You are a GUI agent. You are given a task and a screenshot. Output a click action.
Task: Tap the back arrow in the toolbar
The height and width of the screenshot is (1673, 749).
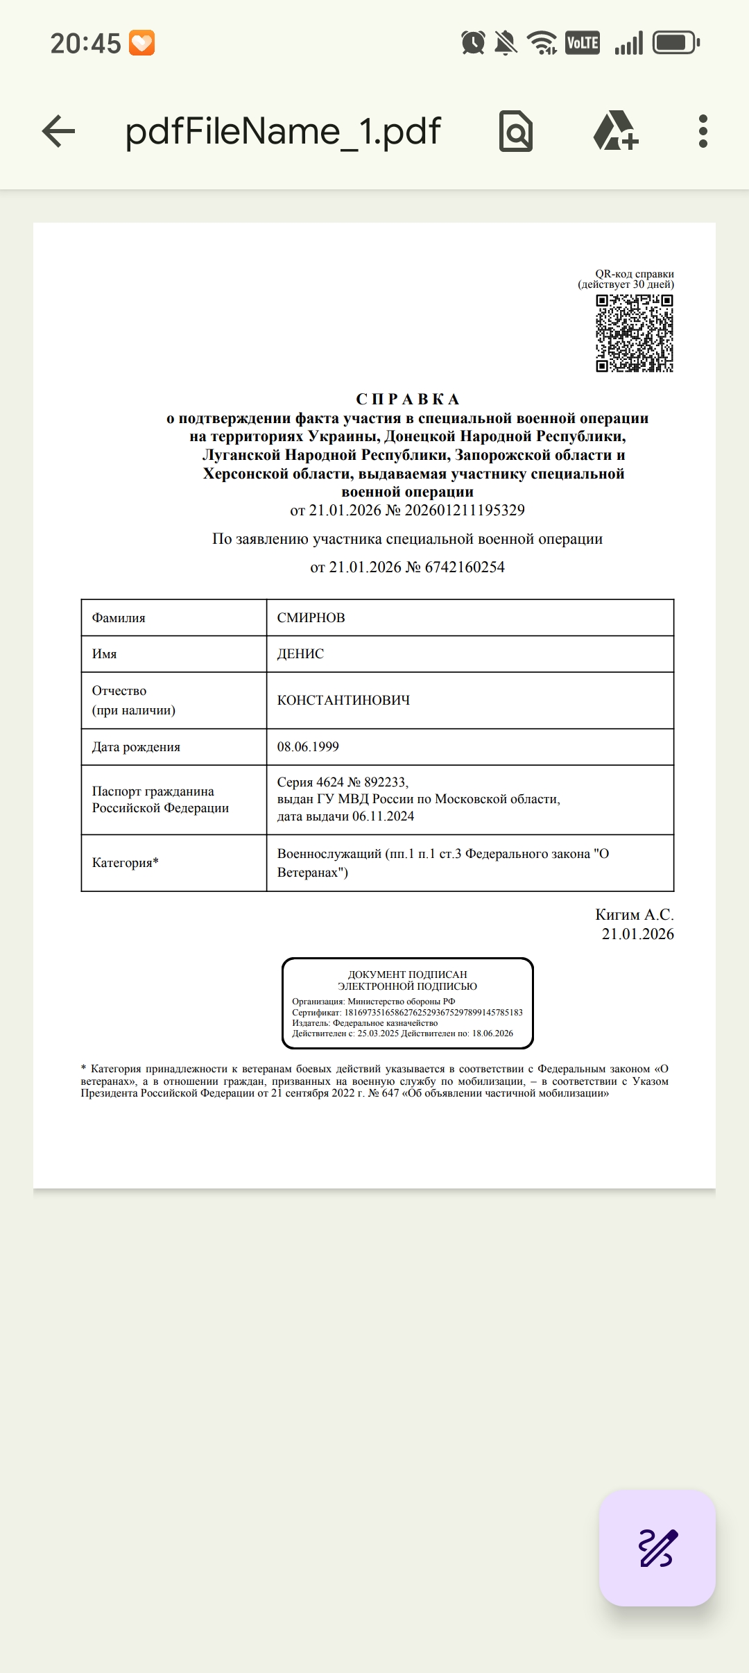[x=58, y=131]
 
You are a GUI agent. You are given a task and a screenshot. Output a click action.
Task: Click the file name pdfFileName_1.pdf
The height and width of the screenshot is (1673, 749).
[x=283, y=131]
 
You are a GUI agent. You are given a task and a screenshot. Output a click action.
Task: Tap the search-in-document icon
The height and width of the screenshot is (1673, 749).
[x=516, y=131]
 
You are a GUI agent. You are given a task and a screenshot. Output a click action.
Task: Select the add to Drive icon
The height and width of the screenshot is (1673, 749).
[x=615, y=131]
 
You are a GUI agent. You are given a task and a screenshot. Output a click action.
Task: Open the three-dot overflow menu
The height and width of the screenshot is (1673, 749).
[x=703, y=131]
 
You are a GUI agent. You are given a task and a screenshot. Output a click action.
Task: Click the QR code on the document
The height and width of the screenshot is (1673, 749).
[x=635, y=333]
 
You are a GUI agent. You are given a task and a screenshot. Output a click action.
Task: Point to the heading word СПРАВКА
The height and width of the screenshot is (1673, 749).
[x=408, y=400]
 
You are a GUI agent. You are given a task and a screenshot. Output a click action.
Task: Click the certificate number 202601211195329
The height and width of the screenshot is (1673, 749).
[x=465, y=511]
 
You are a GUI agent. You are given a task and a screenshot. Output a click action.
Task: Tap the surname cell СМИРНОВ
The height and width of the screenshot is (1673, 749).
[x=311, y=618]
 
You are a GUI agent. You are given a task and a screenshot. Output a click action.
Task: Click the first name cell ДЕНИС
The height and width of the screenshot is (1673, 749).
[x=300, y=654]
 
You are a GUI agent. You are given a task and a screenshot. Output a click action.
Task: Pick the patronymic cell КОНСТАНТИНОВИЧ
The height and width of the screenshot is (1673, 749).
[x=343, y=701]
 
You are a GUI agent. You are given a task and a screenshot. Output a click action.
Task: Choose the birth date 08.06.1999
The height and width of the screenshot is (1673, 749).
[x=308, y=747]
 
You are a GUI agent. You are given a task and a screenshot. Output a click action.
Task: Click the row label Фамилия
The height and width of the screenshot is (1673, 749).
[x=119, y=618]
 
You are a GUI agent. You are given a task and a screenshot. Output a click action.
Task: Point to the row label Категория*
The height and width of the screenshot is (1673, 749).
[x=126, y=863]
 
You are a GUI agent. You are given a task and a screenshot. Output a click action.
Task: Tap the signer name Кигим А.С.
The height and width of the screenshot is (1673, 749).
[x=634, y=915]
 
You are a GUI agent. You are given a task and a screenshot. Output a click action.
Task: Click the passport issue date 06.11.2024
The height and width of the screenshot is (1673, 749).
[x=383, y=816]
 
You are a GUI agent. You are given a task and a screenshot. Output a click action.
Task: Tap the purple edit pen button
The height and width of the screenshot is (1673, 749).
[x=657, y=1548]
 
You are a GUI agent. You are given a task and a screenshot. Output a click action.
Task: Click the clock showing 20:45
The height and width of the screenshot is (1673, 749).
[x=85, y=44]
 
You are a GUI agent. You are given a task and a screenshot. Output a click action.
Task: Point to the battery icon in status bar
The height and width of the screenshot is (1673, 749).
[x=676, y=43]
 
